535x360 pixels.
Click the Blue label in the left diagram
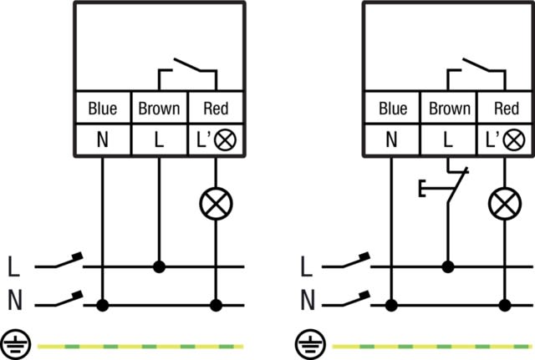(102, 109)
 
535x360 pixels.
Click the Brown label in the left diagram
(159, 109)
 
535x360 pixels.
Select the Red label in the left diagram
(217, 109)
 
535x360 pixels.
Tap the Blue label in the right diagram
(392, 109)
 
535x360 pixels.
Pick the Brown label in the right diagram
(449, 109)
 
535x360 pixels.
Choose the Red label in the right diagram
(507, 109)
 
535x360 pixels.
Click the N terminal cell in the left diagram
(102, 140)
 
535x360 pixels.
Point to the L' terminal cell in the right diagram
(505, 140)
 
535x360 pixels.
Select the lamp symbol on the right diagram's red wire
(505, 203)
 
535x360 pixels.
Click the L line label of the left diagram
(13, 268)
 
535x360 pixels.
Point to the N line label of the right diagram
(306, 299)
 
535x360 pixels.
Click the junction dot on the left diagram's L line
(159, 267)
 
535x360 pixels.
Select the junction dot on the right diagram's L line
(449, 267)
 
